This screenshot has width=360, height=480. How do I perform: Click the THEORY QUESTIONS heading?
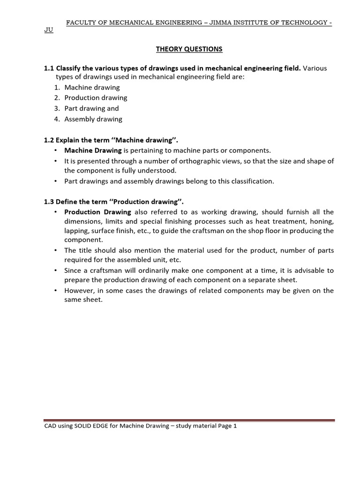click(x=189, y=49)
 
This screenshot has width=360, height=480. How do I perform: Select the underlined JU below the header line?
click(x=49, y=30)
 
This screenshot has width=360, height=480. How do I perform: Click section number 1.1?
click(x=49, y=68)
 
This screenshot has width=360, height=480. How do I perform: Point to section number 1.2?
click(x=49, y=140)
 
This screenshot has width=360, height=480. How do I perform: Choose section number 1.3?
click(x=49, y=202)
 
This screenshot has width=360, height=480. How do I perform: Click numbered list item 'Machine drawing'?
click(x=92, y=87)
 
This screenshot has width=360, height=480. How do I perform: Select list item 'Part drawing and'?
click(x=91, y=108)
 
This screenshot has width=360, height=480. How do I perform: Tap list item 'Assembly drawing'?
click(x=93, y=119)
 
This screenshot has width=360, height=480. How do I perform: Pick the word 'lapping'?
click(x=77, y=231)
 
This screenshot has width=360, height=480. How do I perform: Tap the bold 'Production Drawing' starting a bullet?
click(x=97, y=212)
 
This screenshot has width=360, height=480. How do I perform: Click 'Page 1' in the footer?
click(x=227, y=426)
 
